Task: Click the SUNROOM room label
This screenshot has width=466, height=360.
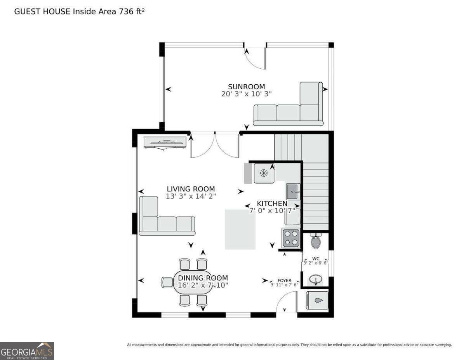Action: click(x=247, y=87)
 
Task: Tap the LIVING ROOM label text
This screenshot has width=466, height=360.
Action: click(x=191, y=189)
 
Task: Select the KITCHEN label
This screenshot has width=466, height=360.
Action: click(x=272, y=203)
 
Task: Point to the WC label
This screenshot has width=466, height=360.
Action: click(x=316, y=259)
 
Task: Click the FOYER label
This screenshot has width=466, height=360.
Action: click(x=284, y=280)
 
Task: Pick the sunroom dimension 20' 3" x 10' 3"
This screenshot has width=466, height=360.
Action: click(x=247, y=94)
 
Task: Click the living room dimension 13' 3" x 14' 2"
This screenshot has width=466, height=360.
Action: click(x=191, y=196)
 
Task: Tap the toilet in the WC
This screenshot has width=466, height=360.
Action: click(x=316, y=241)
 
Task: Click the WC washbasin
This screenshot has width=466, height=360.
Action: click(x=316, y=280)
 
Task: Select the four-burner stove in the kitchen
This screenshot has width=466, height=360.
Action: click(x=291, y=238)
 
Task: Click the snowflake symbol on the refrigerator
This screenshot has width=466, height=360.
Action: click(x=264, y=173)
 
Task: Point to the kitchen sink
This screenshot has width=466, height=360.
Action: click(x=292, y=192)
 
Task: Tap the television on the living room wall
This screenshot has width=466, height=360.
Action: click(x=165, y=143)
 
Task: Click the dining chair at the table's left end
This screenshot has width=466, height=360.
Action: click(x=167, y=282)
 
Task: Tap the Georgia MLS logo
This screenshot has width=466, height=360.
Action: click(x=27, y=351)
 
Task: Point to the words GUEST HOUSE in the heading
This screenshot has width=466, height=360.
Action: click(x=42, y=11)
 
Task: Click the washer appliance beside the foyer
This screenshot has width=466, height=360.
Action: click(x=317, y=300)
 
